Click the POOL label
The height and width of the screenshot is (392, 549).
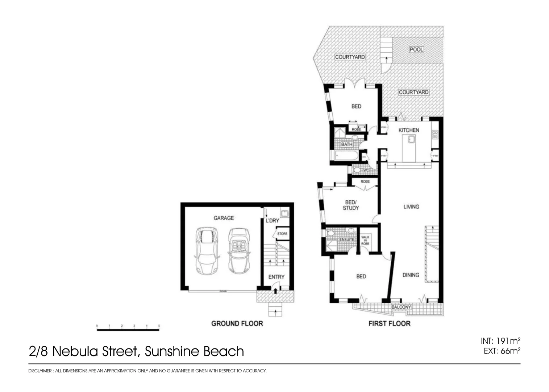416,49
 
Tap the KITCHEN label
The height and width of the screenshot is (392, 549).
409,130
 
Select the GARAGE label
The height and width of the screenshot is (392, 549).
224,218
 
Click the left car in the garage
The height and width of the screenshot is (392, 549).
206,250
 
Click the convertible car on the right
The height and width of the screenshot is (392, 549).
238,250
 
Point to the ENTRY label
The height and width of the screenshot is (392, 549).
276,277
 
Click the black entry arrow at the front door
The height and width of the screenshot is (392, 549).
275,290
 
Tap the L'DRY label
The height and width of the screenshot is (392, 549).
273,220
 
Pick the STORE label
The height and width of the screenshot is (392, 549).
282,234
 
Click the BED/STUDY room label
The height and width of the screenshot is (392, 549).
351,205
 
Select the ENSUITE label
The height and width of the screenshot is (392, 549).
347,240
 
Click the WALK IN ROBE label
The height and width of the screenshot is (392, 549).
365,240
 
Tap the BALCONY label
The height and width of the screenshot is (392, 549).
401,307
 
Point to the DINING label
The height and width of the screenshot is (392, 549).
411,275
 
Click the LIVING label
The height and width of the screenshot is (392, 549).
411,207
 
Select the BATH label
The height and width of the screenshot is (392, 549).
347,144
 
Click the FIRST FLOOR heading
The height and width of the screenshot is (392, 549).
389,323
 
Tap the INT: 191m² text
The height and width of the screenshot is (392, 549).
500,341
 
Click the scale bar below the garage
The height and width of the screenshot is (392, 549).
128,330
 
